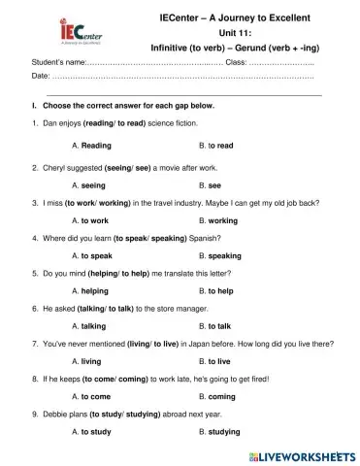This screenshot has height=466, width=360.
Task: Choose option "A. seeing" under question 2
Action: pos(89,183)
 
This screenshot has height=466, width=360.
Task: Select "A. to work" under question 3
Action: pos(90,220)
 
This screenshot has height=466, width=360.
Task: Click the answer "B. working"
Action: pos(217,220)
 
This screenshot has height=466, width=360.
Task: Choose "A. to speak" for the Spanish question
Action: pos(92,256)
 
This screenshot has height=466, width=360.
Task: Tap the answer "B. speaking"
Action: pos(219,256)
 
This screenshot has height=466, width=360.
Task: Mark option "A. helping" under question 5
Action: pos(90,290)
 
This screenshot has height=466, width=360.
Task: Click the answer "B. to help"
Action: pos(215,290)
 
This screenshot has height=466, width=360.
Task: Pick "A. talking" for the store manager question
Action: pos(89,326)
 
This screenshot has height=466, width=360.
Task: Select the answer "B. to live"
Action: pos(213,360)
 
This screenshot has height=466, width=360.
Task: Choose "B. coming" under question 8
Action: pos(215,396)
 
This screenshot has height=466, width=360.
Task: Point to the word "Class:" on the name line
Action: pos(236,62)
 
